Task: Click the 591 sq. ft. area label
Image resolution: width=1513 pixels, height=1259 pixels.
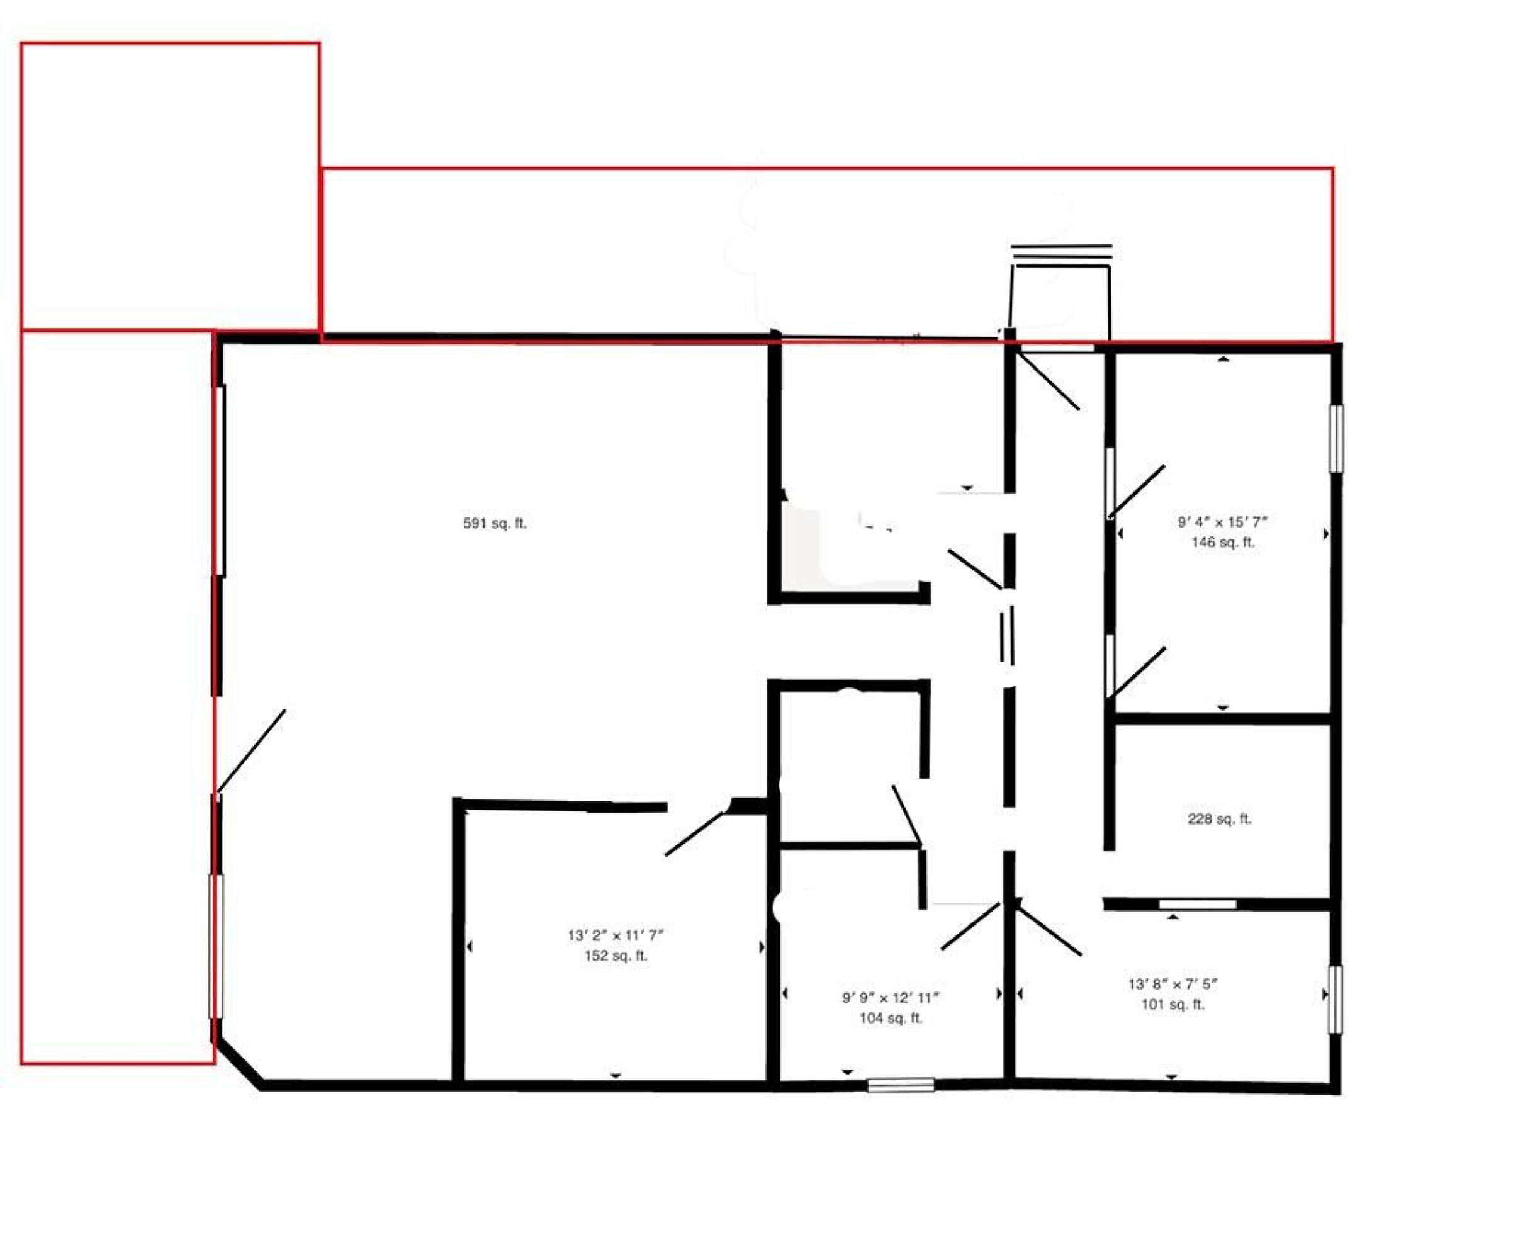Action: coord(494,523)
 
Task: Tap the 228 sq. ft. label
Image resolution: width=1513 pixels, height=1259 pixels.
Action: coord(1219,820)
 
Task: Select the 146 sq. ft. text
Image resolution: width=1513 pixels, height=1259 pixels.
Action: coord(1223,542)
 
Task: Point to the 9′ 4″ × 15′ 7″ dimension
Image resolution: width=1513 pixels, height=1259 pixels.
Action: coord(1223,521)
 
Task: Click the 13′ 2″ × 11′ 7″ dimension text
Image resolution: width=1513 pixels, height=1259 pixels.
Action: coord(616,935)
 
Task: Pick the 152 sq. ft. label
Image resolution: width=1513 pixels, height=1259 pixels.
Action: coord(616,956)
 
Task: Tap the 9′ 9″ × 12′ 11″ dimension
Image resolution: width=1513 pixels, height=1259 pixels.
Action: coord(891,998)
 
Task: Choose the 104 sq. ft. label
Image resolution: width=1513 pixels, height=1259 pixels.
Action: coord(891,1019)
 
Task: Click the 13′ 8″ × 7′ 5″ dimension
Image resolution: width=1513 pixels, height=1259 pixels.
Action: coord(1173,984)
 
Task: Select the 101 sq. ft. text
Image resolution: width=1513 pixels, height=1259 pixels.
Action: coord(1173,1004)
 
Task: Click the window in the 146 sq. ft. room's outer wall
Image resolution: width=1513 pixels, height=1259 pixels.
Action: coord(1337,438)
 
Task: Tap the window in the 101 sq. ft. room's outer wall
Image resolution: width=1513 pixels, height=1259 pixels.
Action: coord(1336,1000)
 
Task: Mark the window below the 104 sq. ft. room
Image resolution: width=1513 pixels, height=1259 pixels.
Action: coord(901,1085)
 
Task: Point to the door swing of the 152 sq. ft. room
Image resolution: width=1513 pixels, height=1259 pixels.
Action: coord(694,835)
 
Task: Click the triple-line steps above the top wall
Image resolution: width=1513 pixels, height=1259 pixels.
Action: coord(1061,252)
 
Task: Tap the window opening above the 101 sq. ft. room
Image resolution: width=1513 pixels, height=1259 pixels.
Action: coord(1198,904)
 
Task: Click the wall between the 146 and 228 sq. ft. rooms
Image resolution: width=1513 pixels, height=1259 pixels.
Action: coord(1222,718)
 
